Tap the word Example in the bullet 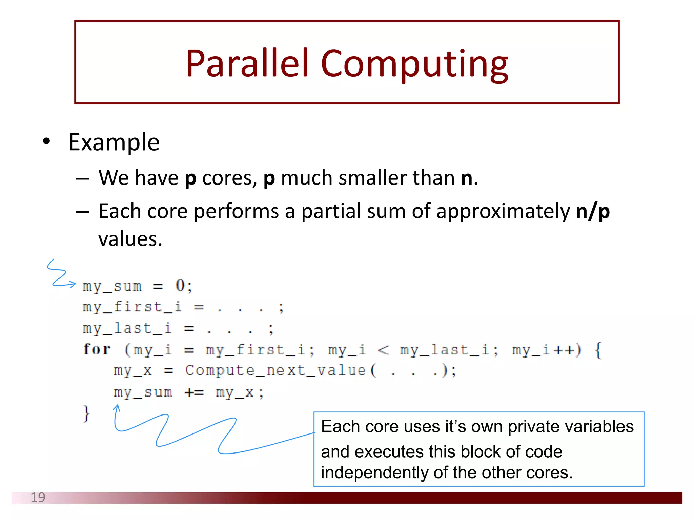pyautogui.click(x=114, y=142)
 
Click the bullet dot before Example pyautogui.click(x=46, y=141)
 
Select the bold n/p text pyautogui.click(x=593, y=211)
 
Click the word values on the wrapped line pyautogui.click(x=130, y=239)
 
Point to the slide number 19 pyautogui.click(x=38, y=497)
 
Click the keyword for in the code pyautogui.click(x=97, y=349)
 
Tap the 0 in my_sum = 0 pyautogui.click(x=180, y=286)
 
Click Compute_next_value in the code pyautogui.click(x=275, y=370)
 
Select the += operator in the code pyautogui.click(x=194, y=392)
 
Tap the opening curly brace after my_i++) pyautogui.click(x=598, y=350)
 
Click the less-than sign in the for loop pyautogui.click(x=383, y=349)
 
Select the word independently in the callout pyautogui.click(x=375, y=472)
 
